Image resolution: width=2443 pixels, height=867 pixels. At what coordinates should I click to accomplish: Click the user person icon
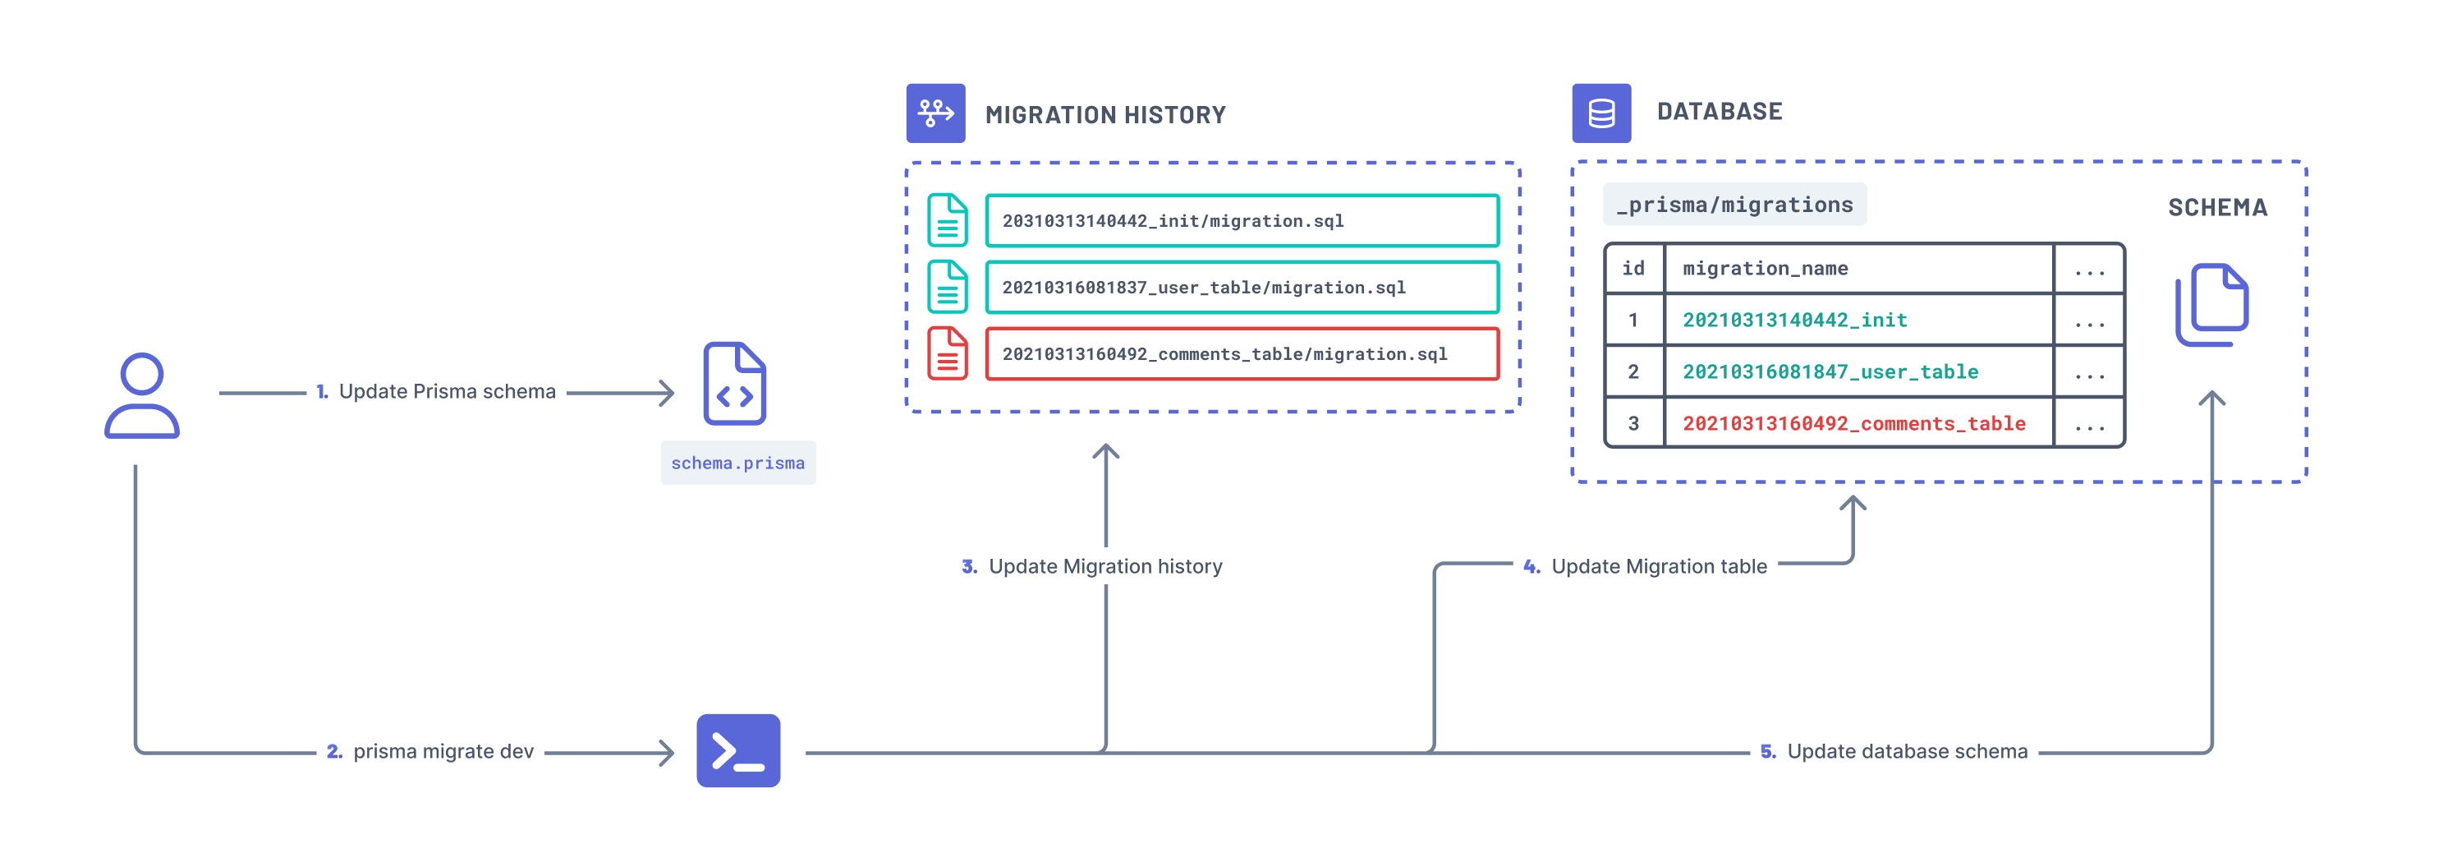142,394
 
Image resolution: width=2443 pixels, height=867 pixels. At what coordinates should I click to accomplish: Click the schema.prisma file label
738,463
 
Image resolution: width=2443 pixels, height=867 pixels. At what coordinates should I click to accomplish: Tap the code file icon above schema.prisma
734,384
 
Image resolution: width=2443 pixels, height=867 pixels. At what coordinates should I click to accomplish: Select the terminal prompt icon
738,750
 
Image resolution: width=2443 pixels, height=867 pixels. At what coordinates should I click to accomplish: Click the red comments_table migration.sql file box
1242,354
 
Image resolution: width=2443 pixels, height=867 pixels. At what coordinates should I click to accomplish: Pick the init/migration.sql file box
1242,221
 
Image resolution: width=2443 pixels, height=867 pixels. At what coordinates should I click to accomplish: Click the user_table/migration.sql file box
1242,288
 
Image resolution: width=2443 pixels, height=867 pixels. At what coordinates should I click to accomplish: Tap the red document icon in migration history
947,354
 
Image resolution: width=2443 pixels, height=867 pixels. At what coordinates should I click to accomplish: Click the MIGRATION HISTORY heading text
1104,115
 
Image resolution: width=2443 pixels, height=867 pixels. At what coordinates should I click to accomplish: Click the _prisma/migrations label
1734,205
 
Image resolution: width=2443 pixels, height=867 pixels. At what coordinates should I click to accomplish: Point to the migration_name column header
1765,269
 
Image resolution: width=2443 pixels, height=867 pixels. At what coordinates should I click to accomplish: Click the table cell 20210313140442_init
1794,321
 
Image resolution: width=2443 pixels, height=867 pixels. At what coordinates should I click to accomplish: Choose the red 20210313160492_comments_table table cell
1853,424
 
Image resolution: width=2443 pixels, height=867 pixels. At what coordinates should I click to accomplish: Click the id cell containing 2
1633,371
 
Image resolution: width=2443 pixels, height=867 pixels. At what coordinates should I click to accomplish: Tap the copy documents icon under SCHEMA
2211,305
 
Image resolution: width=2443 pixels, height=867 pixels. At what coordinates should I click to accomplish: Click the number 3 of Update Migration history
968,566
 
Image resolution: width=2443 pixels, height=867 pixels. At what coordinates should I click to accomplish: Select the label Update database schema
1906,751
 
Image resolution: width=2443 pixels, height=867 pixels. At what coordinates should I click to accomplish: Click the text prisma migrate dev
443,751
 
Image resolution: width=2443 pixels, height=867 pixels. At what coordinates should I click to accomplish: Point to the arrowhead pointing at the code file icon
668,393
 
